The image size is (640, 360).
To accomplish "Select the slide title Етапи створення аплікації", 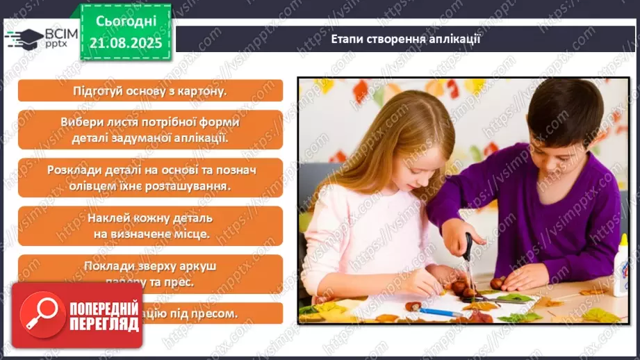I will point(406,39).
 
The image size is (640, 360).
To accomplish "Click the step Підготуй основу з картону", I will point(150,91).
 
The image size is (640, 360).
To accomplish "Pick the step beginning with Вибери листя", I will point(150,129).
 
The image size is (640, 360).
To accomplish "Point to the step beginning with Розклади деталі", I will point(150,177).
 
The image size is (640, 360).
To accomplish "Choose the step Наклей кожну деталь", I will point(150,225).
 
